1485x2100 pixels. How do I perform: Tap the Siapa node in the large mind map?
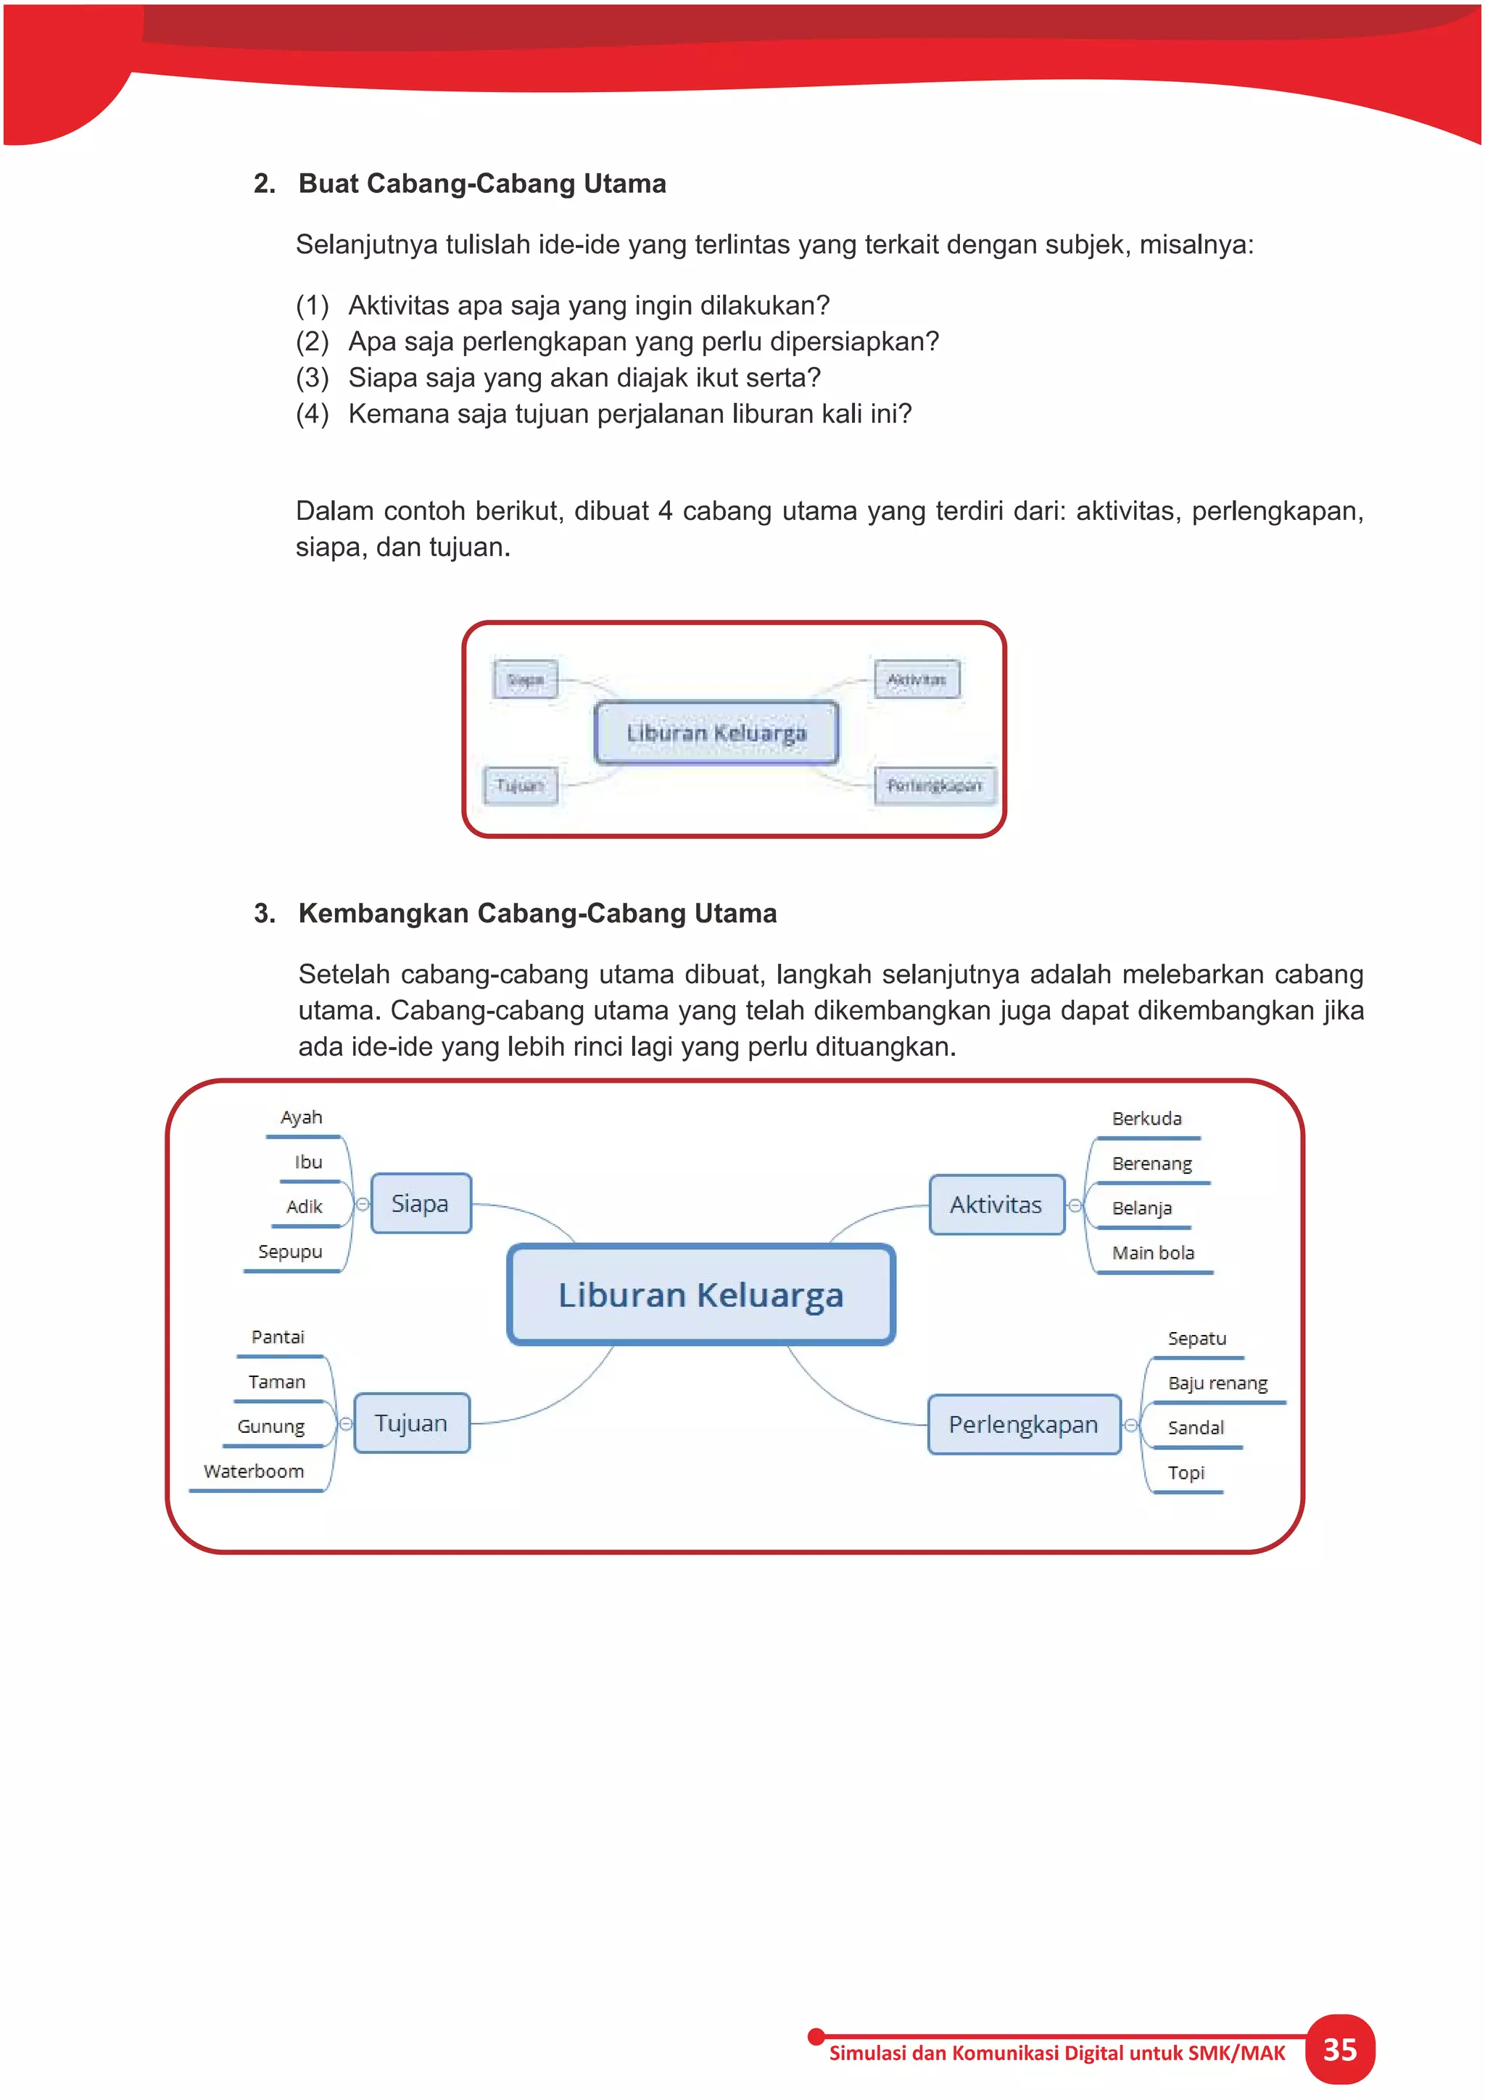click(x=421, y=1204)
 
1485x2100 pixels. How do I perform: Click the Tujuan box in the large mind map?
click(x=411, y=1423)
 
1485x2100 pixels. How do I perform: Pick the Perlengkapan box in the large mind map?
click(x=1023, y=1424)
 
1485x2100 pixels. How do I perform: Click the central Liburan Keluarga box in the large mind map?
click(x=700, y=1295)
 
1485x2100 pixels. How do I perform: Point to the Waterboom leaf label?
click(x=255, y=1471)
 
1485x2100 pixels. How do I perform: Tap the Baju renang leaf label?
click(x=1217, y=1383)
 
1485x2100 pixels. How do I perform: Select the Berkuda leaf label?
click(x=1146, y=1119)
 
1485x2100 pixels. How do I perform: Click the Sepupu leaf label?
click(x=290, y=1251)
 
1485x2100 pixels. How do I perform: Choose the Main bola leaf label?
click(x=1153, y=1253)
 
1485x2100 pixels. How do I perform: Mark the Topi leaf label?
click(x=1186, y=1473)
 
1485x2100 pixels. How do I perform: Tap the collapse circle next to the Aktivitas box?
click(x=1075, y=1205)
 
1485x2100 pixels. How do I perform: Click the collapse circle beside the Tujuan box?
click(x=346, y=1424)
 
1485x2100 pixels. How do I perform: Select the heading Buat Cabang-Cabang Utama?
click(x=482, y=184)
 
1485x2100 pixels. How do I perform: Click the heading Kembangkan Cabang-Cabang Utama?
click(x=538, y=913)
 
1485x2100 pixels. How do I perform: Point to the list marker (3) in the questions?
click(x=312, y=378)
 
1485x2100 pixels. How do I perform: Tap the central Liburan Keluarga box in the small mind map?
click(x=716, y=732)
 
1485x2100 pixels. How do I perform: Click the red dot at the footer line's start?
click(x=816, y=2037)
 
